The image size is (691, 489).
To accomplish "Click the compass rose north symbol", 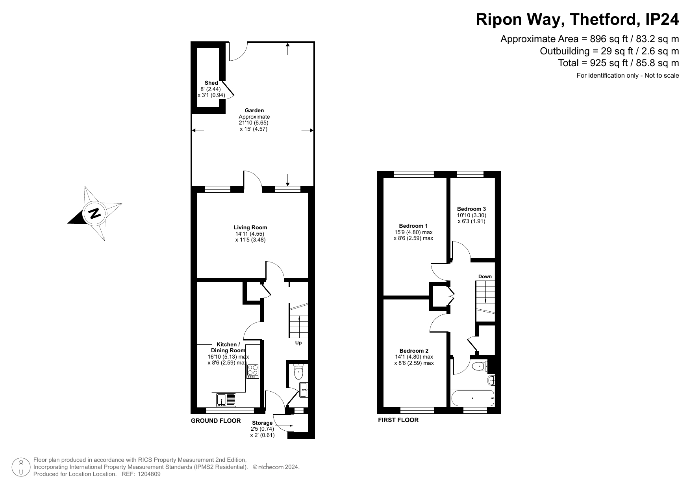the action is pos(95,213).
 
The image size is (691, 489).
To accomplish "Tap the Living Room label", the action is pos(250,227).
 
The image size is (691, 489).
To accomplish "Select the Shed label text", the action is pos(211,83).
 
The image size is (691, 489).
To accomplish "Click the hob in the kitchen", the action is pos(253,371).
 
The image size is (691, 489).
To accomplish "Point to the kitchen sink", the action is pos(226,400).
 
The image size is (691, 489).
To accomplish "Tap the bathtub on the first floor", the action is pos(473,398).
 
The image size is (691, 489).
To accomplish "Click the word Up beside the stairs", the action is pos(298,343).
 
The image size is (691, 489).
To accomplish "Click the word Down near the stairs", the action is pos(485,277).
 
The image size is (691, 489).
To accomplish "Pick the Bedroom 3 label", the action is pos(471,209).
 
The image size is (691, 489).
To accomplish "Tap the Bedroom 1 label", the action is pos(413,226).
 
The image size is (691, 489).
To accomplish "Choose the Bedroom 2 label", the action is pos(414,351).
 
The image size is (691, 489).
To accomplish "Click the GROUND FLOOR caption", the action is pos(216,421).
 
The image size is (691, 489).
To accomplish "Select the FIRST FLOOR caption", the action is pos(398,420).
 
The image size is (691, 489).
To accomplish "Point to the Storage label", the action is pos(262,423).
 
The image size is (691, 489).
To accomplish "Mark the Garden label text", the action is pos(254,110).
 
